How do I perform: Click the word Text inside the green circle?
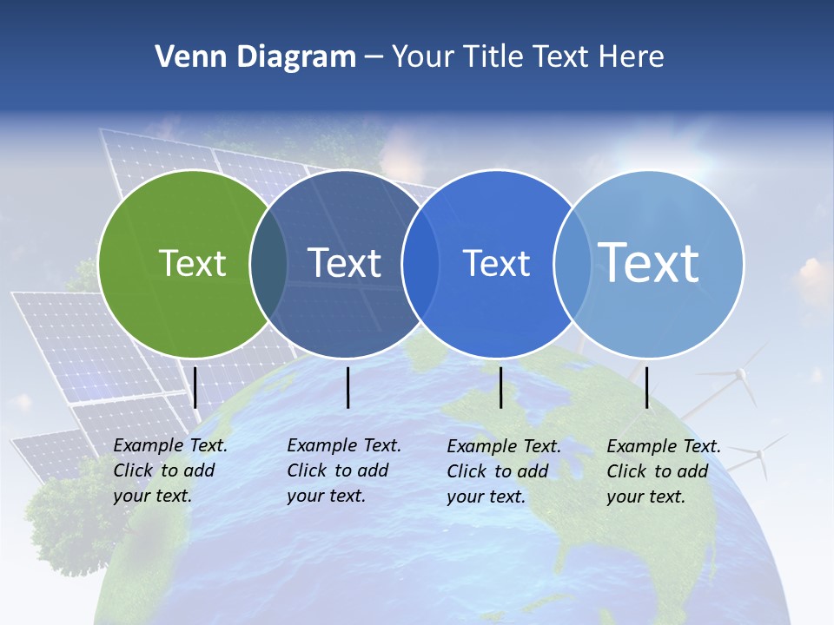click(192, 263)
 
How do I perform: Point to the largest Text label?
click(648, 262)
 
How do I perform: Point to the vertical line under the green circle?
click(195, 387)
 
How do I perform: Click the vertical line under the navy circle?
click(347, 387)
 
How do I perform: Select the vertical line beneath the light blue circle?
click(647, 387)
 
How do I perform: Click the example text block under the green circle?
click(170, 470)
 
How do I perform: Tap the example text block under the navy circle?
click(344, 470)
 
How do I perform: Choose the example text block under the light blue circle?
click(664, 471)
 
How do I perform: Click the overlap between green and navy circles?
click(268, 263)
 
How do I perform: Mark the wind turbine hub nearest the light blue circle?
click(741, 375)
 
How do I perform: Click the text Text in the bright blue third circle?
click(496, 263)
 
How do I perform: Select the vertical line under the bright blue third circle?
click(501, 387)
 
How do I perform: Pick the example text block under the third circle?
click(504, 471)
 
